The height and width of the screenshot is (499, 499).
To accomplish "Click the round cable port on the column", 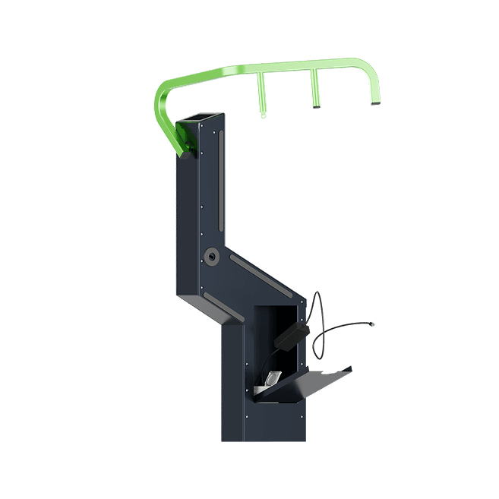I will pyautogui.click(x=212, y=257).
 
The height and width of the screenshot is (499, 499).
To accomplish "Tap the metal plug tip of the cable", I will pyautogui.click(x=372, y=325).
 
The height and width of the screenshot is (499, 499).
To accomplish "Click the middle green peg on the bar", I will pyautogui.click(x=313, y=91).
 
